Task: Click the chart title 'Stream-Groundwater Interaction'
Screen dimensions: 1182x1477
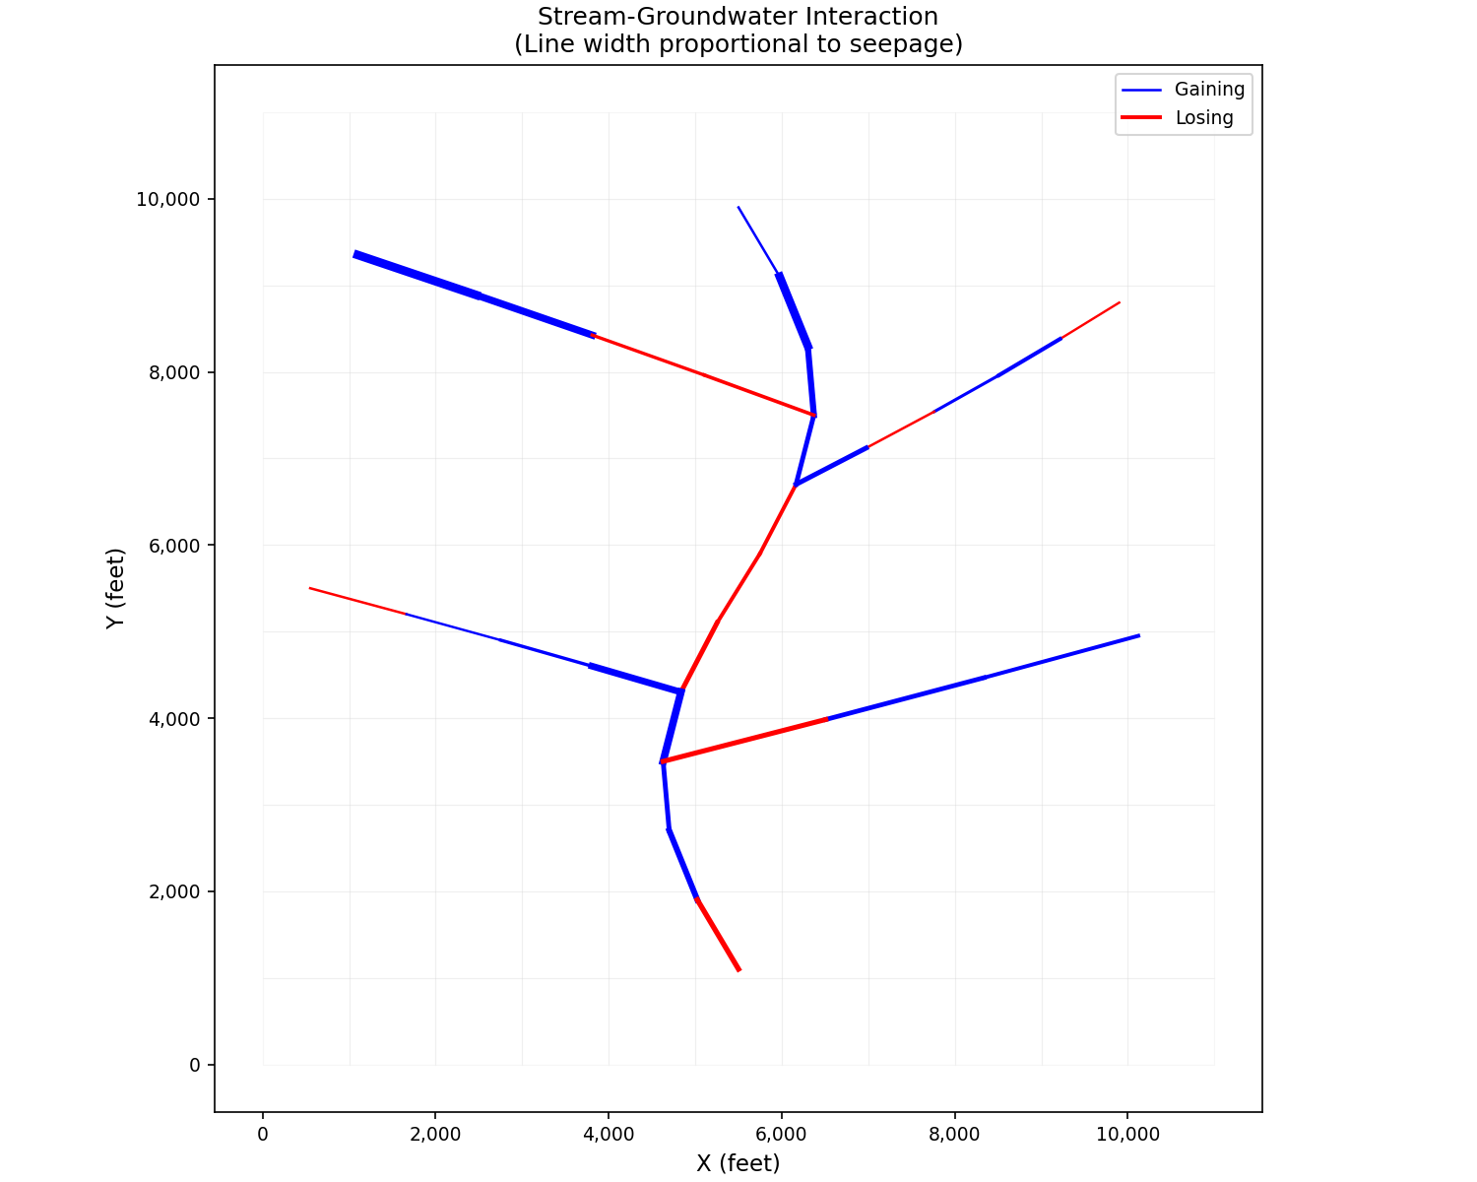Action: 738,17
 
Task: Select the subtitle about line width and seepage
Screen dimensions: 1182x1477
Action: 738,44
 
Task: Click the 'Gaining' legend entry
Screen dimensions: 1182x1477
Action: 1209,90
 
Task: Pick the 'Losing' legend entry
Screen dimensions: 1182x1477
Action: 1203,118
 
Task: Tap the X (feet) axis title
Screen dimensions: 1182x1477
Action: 738,1163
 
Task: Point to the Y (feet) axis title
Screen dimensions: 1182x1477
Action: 116,588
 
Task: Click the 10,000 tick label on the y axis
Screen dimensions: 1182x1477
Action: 167,199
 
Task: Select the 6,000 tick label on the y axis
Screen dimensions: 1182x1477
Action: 172,546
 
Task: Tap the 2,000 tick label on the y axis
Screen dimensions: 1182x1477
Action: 172,891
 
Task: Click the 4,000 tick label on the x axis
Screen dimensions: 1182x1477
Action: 609,1135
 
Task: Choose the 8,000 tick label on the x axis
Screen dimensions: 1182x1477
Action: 954,1135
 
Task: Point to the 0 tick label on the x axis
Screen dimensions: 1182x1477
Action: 263,1135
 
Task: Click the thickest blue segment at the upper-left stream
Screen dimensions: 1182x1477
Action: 417,275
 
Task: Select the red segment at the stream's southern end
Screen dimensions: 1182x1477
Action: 718,935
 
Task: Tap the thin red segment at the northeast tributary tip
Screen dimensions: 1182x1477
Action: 1090,320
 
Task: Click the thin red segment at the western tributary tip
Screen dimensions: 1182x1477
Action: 357,601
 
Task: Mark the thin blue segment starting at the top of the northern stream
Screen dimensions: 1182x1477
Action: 758,240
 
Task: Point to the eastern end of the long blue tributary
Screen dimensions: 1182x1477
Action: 1137,636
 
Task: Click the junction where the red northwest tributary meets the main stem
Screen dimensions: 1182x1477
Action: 813,415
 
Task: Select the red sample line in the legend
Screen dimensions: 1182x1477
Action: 1141,118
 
